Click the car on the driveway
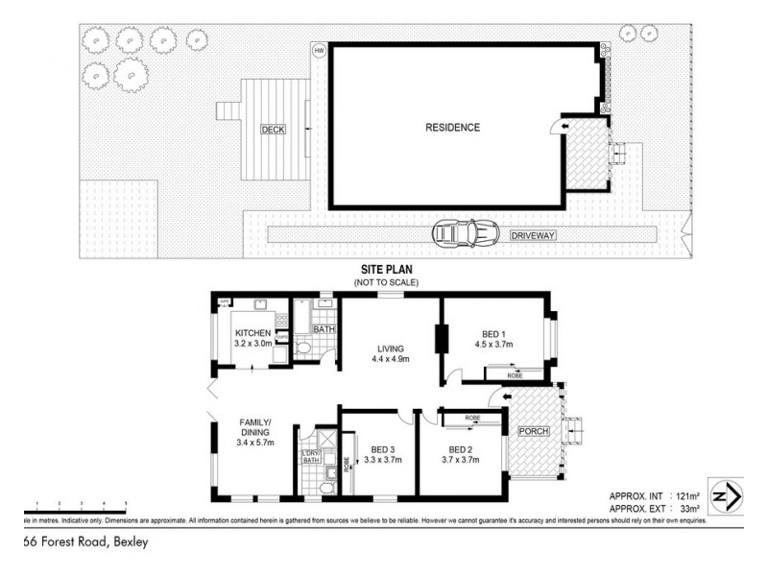pos(466,232)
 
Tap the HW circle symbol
pos(318,51)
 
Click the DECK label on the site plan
pos(273,129)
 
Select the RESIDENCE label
pos(453,127)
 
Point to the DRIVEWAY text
pos(534,234)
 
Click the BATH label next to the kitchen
pos(323,330)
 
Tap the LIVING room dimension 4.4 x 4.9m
pos(391,360)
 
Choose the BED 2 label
pos(462,448)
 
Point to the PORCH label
pos(534,431)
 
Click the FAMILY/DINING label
pos(254,427)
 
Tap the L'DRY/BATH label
pos(310,456)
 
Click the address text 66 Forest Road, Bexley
pos(85,541)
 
